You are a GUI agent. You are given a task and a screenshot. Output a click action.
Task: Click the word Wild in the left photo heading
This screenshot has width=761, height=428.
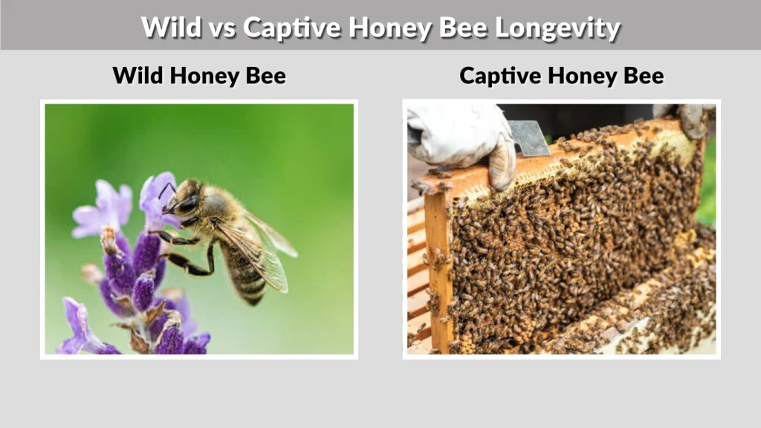(135, 75)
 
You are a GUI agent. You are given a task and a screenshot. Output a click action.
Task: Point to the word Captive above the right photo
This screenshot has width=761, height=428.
(495, 75)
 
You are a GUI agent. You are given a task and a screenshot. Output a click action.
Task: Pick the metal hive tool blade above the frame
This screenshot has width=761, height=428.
(530, 139)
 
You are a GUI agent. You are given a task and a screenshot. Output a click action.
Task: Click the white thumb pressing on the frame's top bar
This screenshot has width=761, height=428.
(502, 163)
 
